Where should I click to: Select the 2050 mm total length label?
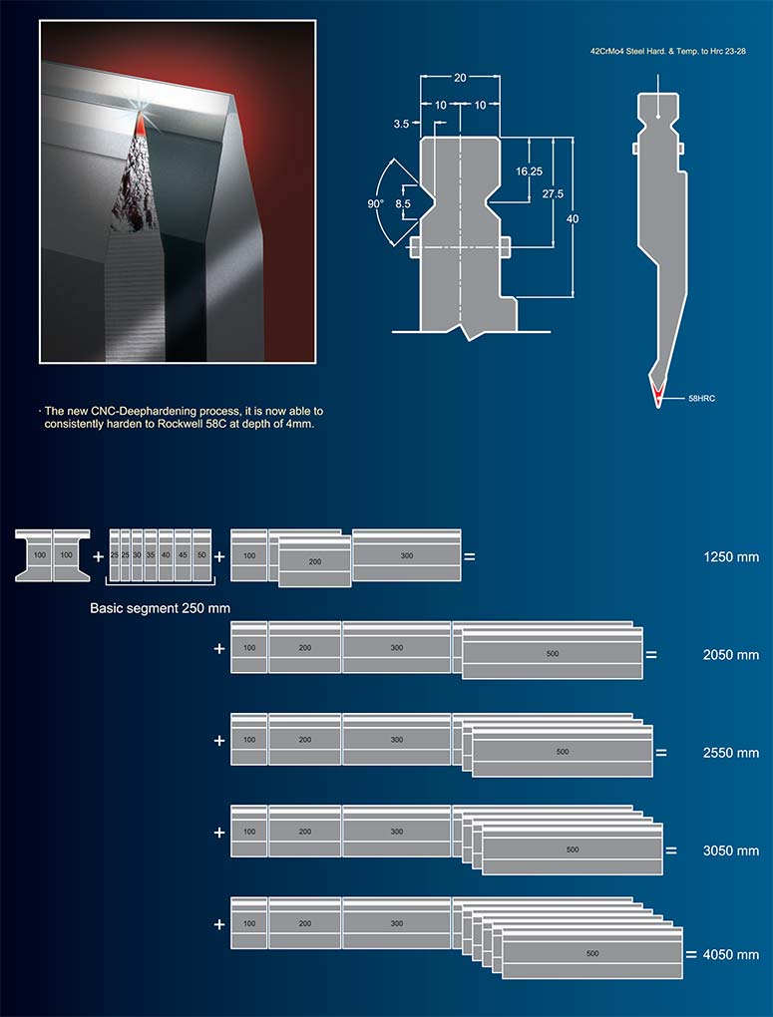coord(731,655)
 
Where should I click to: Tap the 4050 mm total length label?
coord(730,954)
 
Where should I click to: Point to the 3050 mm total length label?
coord(731,850)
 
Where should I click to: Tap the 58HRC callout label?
coord(701,398)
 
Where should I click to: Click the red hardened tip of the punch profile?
coord(658,393)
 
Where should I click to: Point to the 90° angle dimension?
coord(376,203)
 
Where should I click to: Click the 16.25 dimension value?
coord(529,171)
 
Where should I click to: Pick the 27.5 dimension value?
coord(553,193)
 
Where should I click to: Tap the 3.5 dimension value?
coord(401,124)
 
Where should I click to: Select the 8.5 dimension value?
coord(403,203)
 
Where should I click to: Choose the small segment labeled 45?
coord(183,554)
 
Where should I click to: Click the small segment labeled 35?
coord(150,554)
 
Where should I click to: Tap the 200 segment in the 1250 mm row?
coord(315,562)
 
